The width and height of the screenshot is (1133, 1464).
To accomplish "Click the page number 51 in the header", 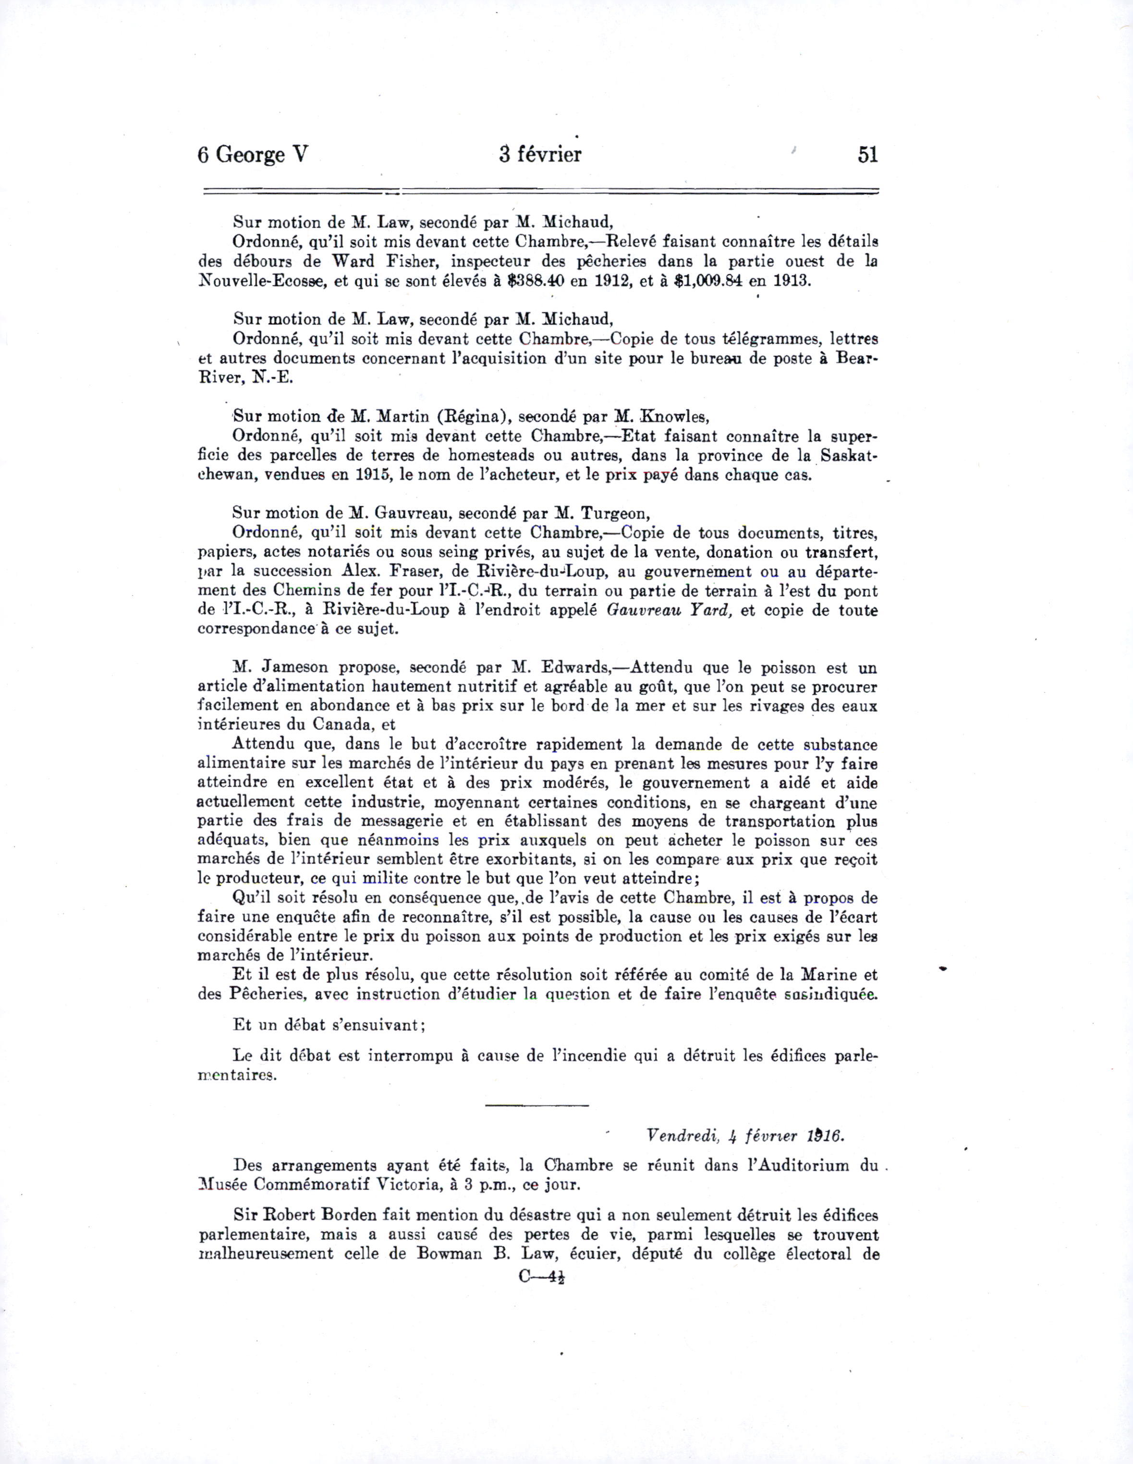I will (x=867, y=155).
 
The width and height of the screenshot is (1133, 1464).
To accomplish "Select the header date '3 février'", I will (x=540, y=155).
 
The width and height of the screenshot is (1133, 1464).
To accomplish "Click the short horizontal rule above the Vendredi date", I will (x=536, y=1105).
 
